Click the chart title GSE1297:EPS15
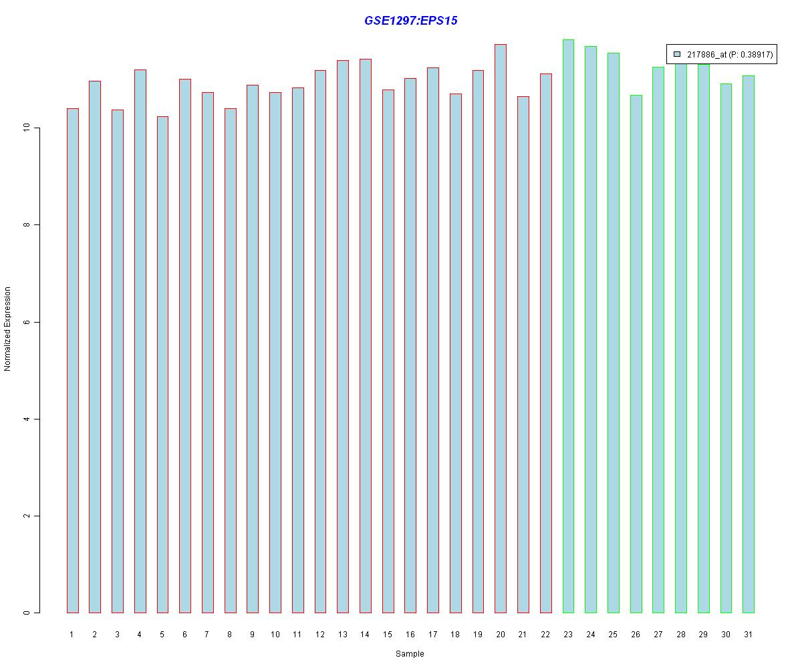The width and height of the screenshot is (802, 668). coord(410,21)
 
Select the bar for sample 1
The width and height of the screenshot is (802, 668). coord(72,361)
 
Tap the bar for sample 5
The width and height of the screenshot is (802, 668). coord(162,365)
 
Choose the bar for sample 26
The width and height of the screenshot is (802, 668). coord(636,354)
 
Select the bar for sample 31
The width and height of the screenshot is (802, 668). coord(749,344)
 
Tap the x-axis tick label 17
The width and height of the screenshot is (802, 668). coord(433,634)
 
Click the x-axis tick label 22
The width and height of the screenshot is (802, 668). coord(545,634)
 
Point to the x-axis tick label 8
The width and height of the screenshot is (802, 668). coord(230,634)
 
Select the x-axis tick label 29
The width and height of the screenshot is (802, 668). coord(703,634)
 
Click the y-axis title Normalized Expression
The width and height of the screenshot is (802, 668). coord(8,329)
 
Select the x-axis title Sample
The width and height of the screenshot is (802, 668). coord(410,653)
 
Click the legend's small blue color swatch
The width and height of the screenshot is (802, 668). coord(677,54)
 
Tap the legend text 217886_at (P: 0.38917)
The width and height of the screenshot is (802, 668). coord(730,55)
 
